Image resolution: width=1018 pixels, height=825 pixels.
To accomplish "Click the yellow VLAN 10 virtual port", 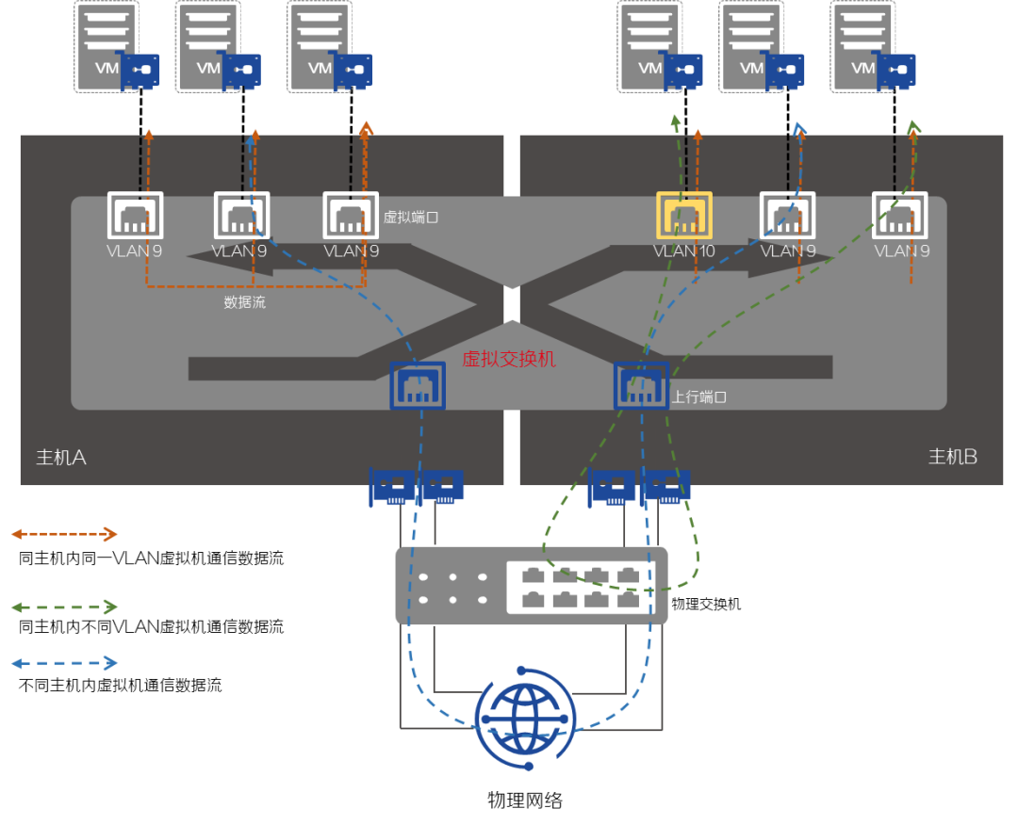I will [684, 216].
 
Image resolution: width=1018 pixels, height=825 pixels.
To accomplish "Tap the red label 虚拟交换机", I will [508, 359].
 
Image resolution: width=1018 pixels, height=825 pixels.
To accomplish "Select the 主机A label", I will [61, 458].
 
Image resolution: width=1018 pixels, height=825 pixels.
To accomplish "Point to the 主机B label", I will [953, 457].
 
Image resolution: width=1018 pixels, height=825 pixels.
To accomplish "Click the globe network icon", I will [524, 719].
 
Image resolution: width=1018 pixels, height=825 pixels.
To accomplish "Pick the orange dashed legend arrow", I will [64, 534].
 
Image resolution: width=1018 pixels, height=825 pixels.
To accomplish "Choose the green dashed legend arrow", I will [64, 607].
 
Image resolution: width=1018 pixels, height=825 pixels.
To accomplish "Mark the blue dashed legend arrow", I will [64, 663].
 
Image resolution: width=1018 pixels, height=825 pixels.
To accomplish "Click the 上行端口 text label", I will [698, 397].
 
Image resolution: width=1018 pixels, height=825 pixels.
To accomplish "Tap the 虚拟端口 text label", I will [410, 218].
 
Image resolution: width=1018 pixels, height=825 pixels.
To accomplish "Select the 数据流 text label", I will [244, 302].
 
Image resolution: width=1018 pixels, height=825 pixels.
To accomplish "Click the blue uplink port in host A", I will [418, 386].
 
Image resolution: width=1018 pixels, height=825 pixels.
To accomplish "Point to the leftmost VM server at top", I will [107, 46].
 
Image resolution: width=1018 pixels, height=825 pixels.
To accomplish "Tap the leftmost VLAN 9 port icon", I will [135, 216].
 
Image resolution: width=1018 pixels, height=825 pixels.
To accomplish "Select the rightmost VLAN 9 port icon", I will [900, 216].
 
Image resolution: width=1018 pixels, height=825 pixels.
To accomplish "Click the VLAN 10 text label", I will [684, 251].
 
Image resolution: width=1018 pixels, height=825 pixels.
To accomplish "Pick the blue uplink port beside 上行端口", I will [642, 386].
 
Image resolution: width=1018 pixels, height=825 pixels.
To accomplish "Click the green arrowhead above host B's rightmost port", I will [913, 126].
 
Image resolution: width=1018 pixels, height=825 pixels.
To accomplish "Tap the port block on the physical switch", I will [580, 587].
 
